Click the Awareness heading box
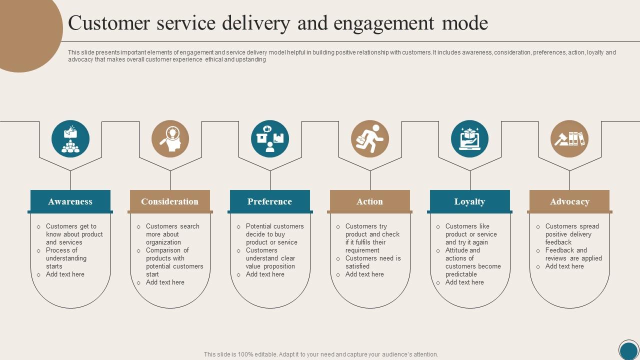[x=70, y=201]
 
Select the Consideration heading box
[x=170, y=201]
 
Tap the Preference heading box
[x=270, y=201]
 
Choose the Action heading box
[x=370, y=201]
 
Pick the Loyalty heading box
[x=470, y=201]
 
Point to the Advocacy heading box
[x=569, y=201]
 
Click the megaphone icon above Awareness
[x=70, y=139]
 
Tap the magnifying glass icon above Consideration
[x=170, y=139]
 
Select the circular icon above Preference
[x=270, y=139]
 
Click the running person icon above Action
[x=370, y=139]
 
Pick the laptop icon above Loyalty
[x=470, y=139]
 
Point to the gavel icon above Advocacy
[x=569, y=139]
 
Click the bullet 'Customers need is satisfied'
[x=372, y=262]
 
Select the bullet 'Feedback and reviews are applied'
[x=573, y=254]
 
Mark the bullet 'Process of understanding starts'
[x=66, y=258]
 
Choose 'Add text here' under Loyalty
[x=464, y=282]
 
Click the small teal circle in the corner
[x=629, y=350]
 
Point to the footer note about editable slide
[x=321, y=354]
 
